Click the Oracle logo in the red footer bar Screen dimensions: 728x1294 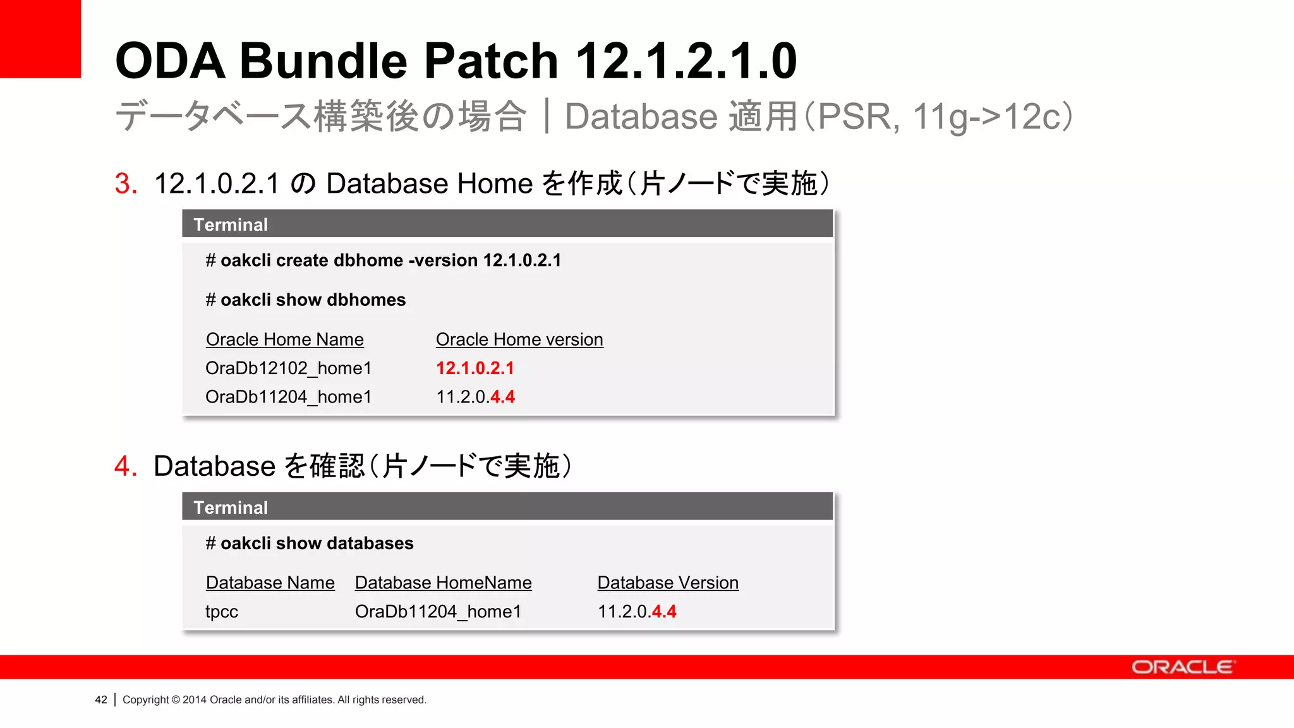pyautogui.click(x=1182, y=667)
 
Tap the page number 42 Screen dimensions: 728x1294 pyautogui.click(x=101, y=700)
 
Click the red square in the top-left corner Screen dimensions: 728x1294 pyautogui.click(x=40, y=39)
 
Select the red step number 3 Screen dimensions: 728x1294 pyautogui.click(x=126, y=184)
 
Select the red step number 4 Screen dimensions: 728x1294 pyautogui.click(x=126, y=466)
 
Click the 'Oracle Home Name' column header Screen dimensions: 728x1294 pyautogui.click(x=284, y=339)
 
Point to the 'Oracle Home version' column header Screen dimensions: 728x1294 pyautogui.click(x=519, y=339)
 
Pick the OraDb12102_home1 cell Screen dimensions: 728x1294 pyautogui.click(x=288, y=368)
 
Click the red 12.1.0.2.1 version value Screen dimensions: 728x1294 pyautogui.click(x=475, y=368)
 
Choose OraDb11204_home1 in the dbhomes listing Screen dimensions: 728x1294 pyautogui.click(x=288, y=397)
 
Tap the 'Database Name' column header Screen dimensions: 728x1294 pyautogui.click(x=270, y=583)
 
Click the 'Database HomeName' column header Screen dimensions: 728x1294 pyautogui.click(x=443, y=583)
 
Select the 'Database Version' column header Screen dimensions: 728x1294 pyautogui.click(x=668, y=583)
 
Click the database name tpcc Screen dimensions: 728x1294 pyautogui.click(x=222, y=612)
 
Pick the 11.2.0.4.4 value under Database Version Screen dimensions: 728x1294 pyautogui.click(x=636, y=612)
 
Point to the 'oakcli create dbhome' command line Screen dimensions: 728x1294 pyautogui.click(x=383, y=260)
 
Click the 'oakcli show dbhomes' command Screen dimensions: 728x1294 pyautogui.click(x=306, y=300)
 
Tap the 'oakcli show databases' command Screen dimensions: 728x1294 pyautogui.click(x=310, y=543)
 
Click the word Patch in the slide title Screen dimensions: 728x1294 pyautogui.click(x=491, y=61)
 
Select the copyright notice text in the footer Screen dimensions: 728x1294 pyautogui.click(x=274, y=700)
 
